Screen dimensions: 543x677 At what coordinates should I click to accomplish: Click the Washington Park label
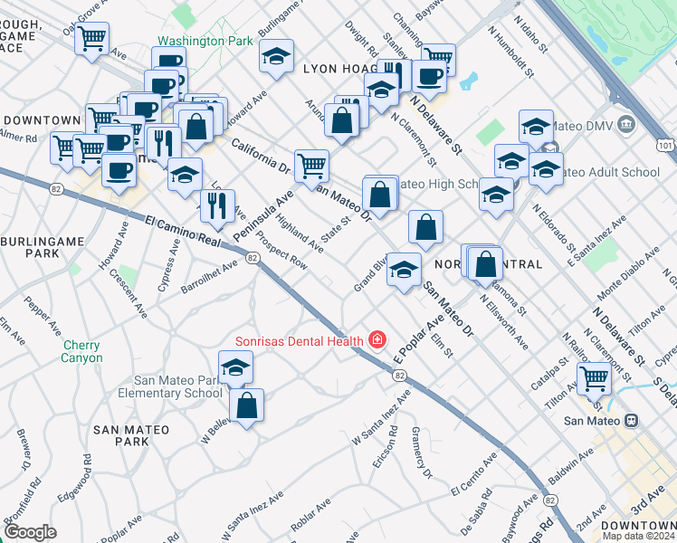pyautogui.click(x=205, y=41)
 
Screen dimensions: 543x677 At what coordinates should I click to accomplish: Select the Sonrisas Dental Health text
pyautogui.click(x=299, y=341)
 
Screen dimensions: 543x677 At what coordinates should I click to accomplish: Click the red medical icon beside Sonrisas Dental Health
pyautogui.click(x=376, y=341)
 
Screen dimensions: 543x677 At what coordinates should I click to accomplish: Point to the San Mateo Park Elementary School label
pyautogui.click(x=177, y=386)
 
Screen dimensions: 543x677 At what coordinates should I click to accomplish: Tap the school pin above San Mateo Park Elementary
pyautogui.click(x=235, y=367)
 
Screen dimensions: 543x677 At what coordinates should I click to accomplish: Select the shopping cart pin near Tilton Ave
pyautogui.click(x=594, y=377)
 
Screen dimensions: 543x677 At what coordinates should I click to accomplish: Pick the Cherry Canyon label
pyautogui.click(x=82, y=351)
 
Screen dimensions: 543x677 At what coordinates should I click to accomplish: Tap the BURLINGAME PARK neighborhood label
pyautogui.click(x=43, y=247)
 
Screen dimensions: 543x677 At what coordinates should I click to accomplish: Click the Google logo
pyautogui.click(x=30, y=532)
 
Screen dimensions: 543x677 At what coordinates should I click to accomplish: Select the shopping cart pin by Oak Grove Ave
pyautogui.click(x=91, y=39)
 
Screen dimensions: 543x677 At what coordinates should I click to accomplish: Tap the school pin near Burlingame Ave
pyautogui.click(x=277, y=56)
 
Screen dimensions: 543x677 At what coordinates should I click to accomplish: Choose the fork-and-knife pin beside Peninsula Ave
pyautogui.click(x=217, y=207)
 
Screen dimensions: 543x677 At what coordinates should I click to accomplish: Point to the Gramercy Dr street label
pyautogui.click(x=422, y=452)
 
